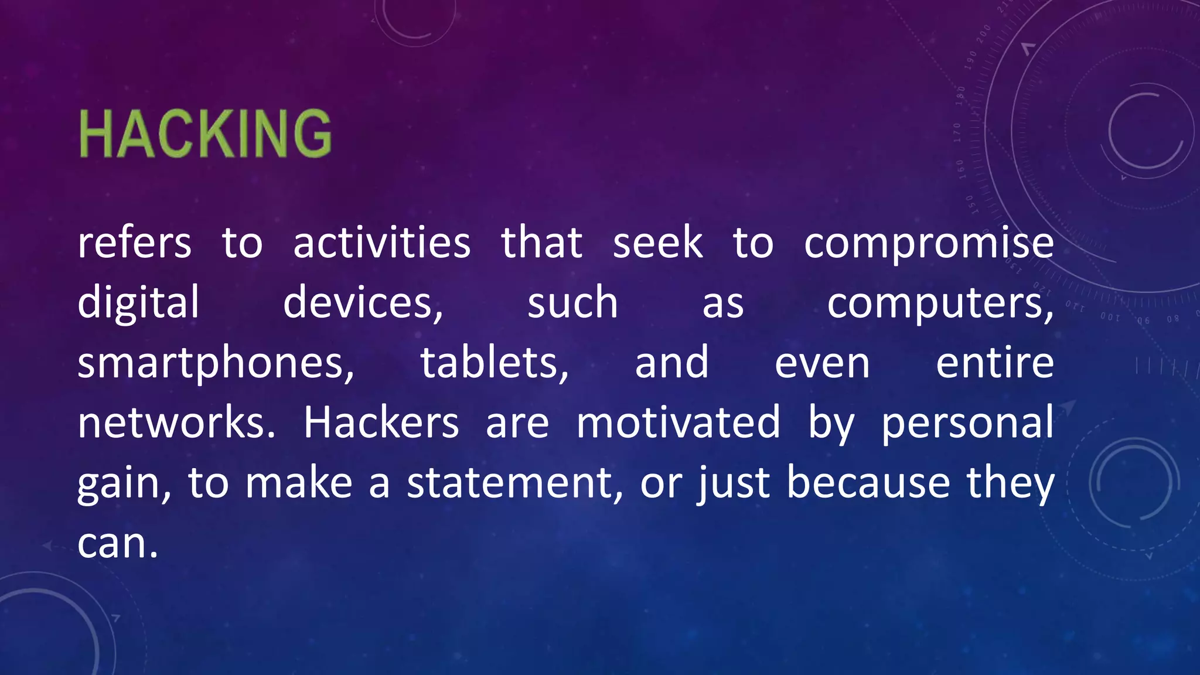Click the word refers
[x=134, y=243]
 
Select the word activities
[x=381, y=243]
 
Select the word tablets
[x=494, y=363]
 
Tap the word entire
[x=995, y=363]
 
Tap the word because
[x=868, y=483]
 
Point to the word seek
[x=657, y=243]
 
